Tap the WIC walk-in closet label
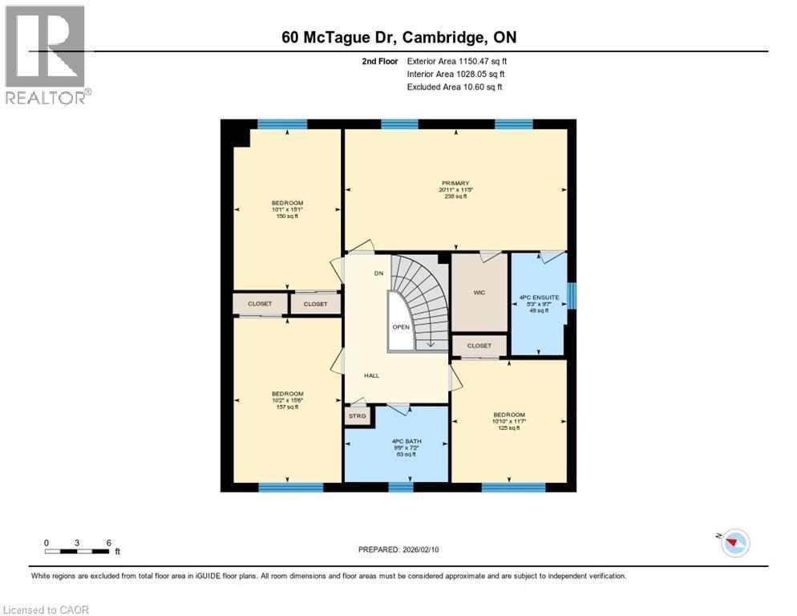point(479,293)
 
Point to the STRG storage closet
point(357,416)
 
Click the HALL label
point(371,375)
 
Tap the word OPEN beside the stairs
point(401,326)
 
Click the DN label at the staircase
point(379,274)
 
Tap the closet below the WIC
point(479,346)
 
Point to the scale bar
point(78,551)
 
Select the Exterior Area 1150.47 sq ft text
point(456,60)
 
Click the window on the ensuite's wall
point(572,295)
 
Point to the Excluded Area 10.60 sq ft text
point(454,87)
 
